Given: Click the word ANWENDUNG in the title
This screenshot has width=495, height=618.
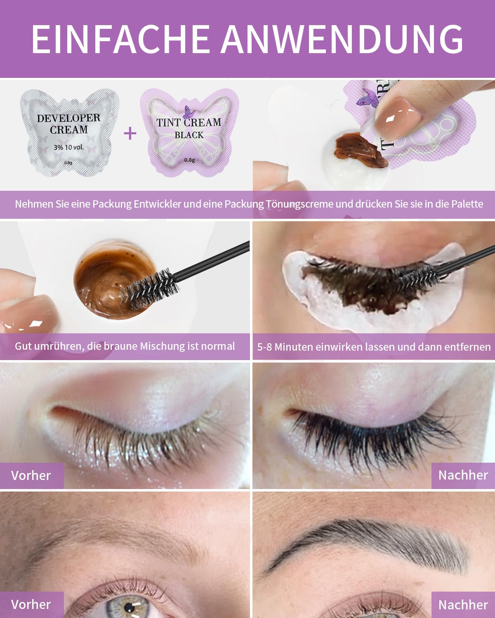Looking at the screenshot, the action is [342, 39].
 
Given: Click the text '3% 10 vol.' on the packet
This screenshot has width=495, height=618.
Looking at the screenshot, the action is [68, 147].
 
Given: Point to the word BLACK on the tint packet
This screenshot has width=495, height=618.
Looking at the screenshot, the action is [189, 135].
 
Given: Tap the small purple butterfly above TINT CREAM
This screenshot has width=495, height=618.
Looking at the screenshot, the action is [189, 112].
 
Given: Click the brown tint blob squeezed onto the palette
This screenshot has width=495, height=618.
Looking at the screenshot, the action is [360, 150].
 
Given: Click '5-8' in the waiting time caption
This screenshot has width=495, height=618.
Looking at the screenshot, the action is [264, 347].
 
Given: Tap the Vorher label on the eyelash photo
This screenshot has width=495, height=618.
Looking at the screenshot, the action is [31, 475].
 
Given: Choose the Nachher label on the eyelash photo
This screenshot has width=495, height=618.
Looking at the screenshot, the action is [463, 475].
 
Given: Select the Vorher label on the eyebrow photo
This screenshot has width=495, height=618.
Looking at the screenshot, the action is [31, 604].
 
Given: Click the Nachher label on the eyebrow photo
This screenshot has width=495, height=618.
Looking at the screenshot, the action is [463, 605].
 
